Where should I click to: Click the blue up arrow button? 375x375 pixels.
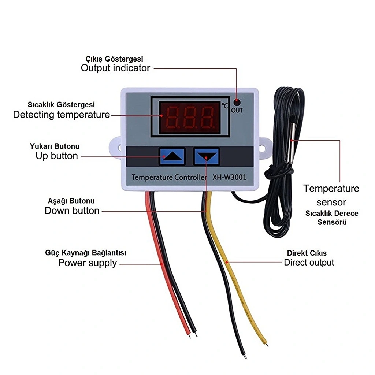(x=172, y=156)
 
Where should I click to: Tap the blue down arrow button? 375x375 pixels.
(x=207, y=156)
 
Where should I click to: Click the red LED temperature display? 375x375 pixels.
(x=190, y=117)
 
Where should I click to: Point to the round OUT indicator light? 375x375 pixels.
(x=237, y=103)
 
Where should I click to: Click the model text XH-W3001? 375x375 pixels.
(x=229, y=177)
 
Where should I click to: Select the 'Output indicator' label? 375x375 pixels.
(x=115, y=68)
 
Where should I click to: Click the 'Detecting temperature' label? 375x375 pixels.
(x=62, y=115)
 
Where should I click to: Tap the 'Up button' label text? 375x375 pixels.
(x=57, y=156)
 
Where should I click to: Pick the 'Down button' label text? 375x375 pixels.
(x=72, y=211)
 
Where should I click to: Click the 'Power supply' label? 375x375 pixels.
(x=88, y=263)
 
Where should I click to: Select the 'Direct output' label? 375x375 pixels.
(x=309, y=263)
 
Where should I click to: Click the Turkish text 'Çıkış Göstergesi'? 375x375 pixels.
(x=114, y=59)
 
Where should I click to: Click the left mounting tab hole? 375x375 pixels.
(x=119, y=148)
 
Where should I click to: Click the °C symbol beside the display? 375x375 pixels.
(x=225, y=106)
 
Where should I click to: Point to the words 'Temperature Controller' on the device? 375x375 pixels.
(x=169, y=178)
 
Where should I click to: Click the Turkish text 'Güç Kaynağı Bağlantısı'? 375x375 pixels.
(x=85, y=253)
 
